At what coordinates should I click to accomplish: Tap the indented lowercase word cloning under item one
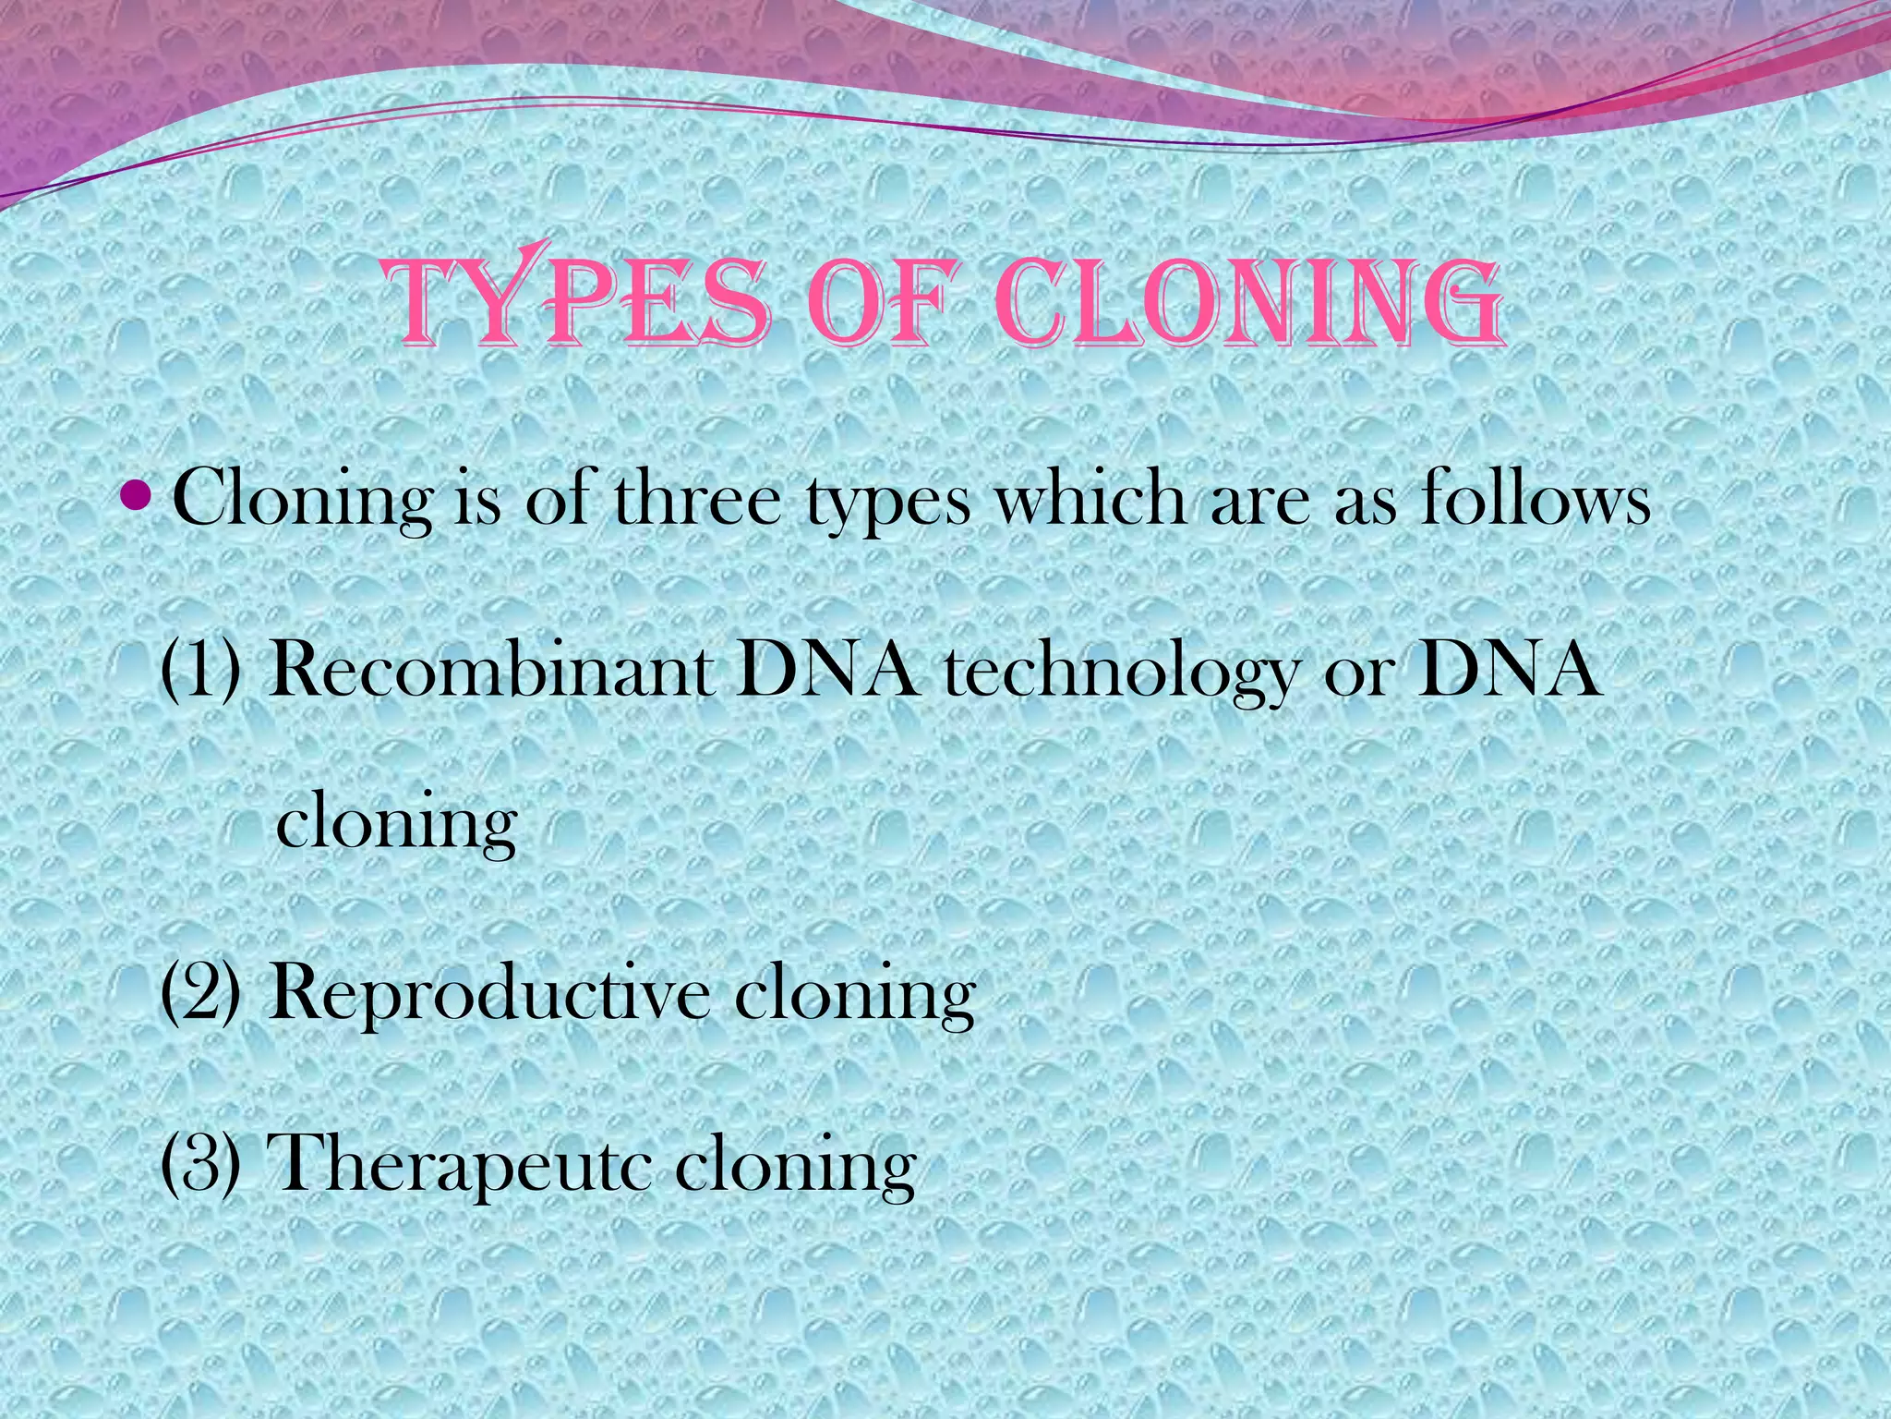[x=396, y=822]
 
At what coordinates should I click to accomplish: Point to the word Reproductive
[x=489, y=994]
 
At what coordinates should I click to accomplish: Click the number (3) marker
[x=202, y=1162]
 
